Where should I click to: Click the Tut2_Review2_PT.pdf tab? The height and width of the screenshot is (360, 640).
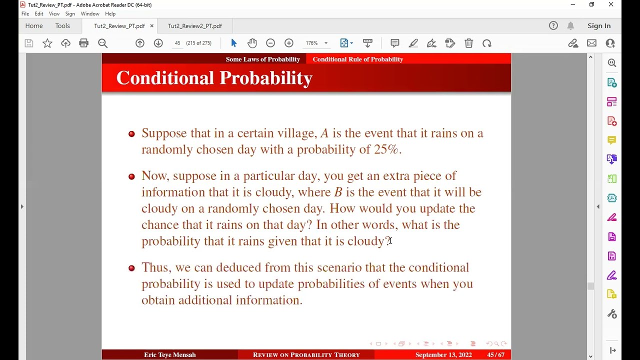194,26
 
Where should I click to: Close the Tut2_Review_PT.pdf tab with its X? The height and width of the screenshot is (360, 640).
151,26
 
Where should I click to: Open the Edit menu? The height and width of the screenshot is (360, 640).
39,13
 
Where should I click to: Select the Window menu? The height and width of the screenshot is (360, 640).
90,13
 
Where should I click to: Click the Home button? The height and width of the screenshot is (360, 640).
34,26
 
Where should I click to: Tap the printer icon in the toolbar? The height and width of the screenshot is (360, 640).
84,43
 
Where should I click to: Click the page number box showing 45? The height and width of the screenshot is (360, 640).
177,43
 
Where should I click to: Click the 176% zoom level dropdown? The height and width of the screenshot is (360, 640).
316,43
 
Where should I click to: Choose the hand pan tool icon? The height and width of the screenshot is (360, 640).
252,43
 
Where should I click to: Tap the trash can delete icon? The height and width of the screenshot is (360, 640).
468,43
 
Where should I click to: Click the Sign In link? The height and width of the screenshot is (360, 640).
599,26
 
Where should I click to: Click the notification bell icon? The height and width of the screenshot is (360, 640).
570,26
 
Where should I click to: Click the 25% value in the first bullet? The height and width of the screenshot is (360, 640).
387,149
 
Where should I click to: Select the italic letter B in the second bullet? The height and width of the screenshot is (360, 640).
338,192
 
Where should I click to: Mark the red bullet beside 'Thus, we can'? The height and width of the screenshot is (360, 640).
131,268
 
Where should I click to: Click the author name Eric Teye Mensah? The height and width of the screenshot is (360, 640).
170,355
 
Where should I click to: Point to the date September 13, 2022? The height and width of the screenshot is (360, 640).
443,355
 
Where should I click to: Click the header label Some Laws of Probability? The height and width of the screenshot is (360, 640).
262,59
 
